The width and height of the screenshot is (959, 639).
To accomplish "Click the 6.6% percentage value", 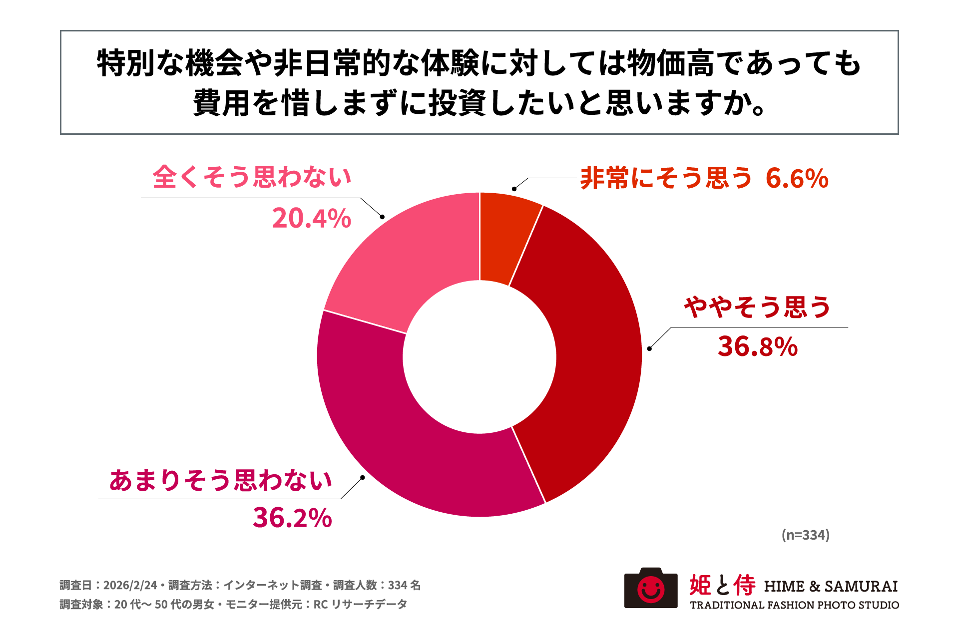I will coord(797,179).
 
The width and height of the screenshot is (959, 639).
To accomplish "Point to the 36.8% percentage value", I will coord(758,346).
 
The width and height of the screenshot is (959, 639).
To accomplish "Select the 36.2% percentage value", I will coord(292,518).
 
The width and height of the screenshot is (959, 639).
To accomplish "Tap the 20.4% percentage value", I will coord(312,219).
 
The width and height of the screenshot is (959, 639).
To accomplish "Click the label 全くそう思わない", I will coord(252,177).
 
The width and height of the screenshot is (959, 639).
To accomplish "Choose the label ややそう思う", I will coord(757,307).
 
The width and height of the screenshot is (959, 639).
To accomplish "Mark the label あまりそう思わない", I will coord(221,480).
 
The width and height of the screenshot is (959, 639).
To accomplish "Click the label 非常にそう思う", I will coord(666,178).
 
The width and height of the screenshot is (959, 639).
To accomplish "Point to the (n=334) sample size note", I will coord(805,535).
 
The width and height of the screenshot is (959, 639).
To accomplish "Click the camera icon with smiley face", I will coord(651,588).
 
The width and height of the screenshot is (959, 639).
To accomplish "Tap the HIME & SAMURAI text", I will coord(831,586).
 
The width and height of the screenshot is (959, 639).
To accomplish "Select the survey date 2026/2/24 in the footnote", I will coord(130,585).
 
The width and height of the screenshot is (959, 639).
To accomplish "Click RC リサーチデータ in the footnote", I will coord(360,605).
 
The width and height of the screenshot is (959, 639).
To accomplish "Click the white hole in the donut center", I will coord(479,356).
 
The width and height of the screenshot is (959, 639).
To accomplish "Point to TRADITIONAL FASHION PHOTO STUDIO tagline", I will coord(794,605).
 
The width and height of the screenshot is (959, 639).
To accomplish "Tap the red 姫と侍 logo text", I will coord(722,586).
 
